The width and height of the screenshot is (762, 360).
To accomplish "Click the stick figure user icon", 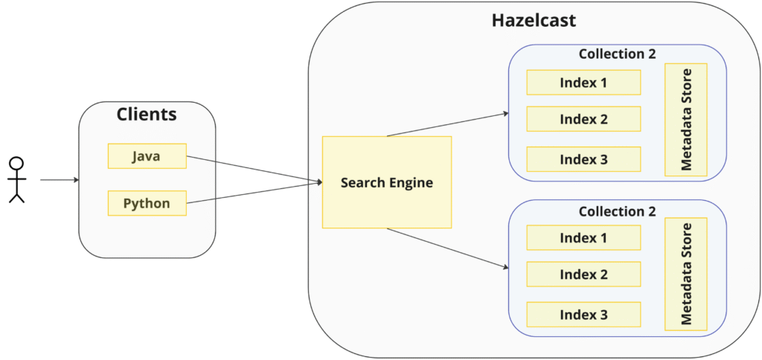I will pyautogui.click(x=16, y=179).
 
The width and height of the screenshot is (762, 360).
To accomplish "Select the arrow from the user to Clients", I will pyautogui.click(x=60, y=180).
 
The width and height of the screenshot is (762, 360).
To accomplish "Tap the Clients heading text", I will pyautogui.click(x=147, y=115).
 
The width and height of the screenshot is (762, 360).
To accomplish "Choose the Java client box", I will pyautogui.click(x=147, y=156).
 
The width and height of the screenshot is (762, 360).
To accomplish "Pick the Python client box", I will pyautogui.click(x=147, y=203).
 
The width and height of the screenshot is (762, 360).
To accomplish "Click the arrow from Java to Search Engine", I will pyautogui.click(x=253, y=169).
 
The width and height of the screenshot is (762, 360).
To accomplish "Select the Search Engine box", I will pyautogui.click(x=386, y=182).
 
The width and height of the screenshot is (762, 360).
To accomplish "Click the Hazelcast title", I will pyautogui.click(x=534, y=21).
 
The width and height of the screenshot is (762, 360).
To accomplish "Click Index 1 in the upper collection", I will pyautogui.click(x=583, y=83).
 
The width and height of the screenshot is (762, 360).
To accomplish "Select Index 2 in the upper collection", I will pyautogui.click(x=583, y=119).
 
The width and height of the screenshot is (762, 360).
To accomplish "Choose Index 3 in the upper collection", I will pyautogui.click(x=583, y=159).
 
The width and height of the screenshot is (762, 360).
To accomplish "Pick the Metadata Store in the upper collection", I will pyautogui.click(x=685, y=120).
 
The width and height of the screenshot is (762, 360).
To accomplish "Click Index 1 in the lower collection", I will pyautogui.click(x=583, y=238).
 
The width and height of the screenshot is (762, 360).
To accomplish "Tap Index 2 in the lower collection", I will pyautogui.click(x=583, y=274).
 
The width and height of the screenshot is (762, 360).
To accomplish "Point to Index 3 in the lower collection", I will pyautogui.click(x=583, y=315).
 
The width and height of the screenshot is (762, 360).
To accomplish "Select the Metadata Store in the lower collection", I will pyautogui.click(x=685, y=274).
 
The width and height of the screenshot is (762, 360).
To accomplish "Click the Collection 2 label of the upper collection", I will pyautogui.click(x=617, y=54).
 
